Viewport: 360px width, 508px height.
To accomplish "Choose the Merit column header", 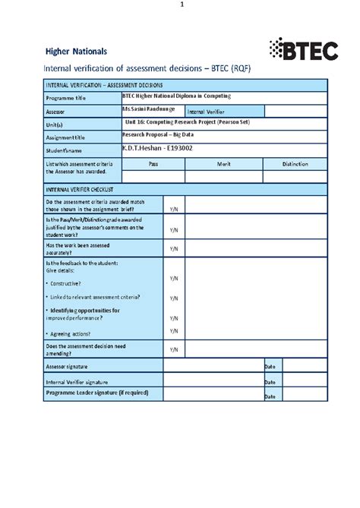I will coord(224,163).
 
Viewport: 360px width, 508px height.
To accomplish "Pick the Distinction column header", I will coord(295,163).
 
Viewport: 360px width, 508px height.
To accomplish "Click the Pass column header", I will coord(153,163).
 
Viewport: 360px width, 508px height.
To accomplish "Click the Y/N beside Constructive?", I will coord(174,279).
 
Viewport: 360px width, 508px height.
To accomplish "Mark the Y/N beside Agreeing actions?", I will coord(174,331).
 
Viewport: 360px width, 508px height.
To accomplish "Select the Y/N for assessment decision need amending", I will coord(174,349).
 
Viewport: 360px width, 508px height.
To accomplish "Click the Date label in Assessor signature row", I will coord(269,367).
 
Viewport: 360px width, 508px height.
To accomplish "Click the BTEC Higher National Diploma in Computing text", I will coord(176,96).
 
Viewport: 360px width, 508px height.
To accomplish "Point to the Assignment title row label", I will coord(68,137).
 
